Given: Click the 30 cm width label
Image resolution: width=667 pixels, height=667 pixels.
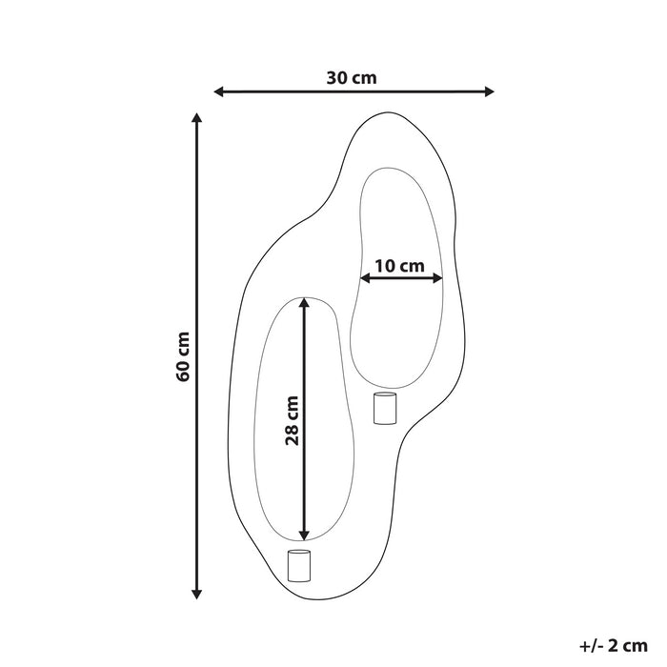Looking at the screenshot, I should point(352,78).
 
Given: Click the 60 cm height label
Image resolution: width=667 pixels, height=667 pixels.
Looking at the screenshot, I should point(184,355).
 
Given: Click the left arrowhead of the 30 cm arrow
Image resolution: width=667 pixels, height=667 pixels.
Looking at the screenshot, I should point(218,92).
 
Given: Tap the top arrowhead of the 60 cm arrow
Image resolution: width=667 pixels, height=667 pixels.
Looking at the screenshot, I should point(197,119).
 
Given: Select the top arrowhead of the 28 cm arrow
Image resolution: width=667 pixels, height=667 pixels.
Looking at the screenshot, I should point(304,304).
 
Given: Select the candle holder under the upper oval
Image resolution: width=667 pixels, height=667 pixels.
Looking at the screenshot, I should point(384,408).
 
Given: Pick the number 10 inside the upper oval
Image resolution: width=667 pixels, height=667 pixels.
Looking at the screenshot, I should point(383,266).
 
